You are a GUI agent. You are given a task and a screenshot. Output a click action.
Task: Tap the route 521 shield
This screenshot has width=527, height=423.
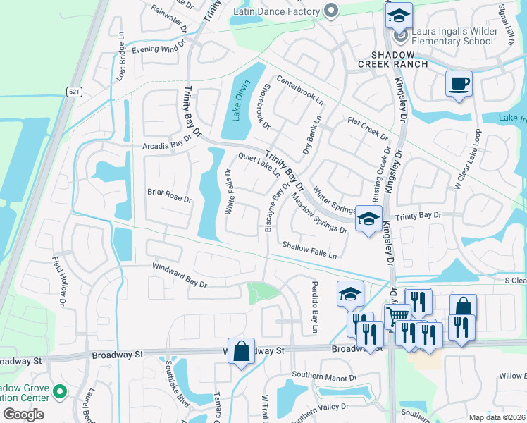tap(74, 92)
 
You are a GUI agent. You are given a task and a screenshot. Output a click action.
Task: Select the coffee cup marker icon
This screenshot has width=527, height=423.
tap(458, 84)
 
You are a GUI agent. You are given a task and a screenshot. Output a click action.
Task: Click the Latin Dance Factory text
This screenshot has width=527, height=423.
tap(277, 11)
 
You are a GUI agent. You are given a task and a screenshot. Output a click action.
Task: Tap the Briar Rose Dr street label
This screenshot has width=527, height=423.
tap(169, 195)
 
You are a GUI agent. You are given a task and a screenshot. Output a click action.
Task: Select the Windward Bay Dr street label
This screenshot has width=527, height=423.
tap(180, 275)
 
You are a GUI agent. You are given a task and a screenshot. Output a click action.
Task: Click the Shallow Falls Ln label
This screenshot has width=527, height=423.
tap(309, 249)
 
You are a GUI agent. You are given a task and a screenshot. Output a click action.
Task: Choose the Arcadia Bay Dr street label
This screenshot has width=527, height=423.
tap(167, 145)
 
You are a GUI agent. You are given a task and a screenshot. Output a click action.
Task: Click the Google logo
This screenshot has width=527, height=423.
tap(23, 414)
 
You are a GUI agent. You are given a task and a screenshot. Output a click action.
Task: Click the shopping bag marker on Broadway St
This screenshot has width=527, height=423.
tap(241, 350)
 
